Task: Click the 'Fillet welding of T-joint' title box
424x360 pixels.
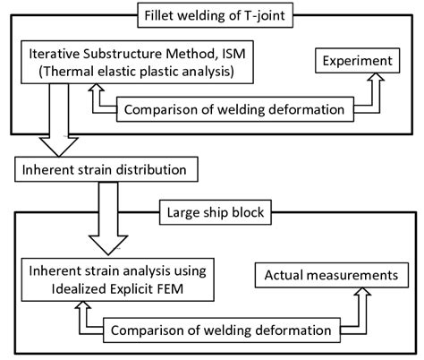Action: (x=211, y=14)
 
